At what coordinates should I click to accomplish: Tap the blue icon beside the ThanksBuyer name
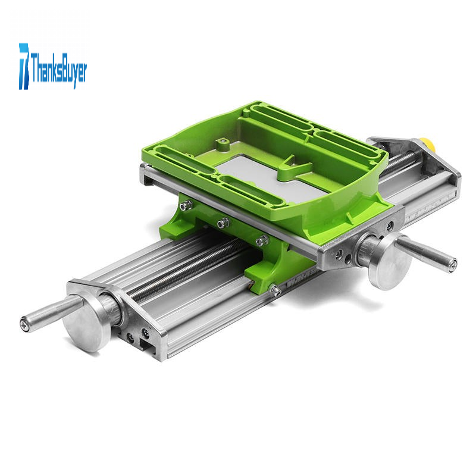coord(24,66)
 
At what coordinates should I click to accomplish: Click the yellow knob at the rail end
coord(427,145)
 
